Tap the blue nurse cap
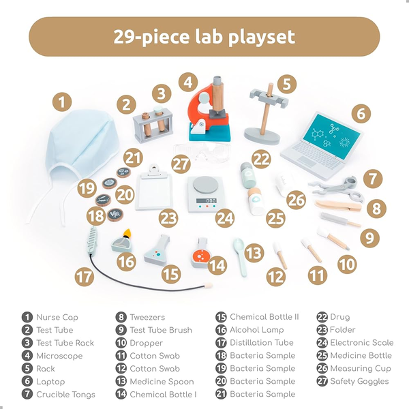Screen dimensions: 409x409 [x=78, y=151]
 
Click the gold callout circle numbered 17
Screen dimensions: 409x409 [x=84, y=277]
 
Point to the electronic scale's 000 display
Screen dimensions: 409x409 [x=207, y=200]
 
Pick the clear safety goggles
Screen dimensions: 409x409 [x=202, y=151]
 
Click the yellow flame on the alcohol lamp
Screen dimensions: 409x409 [x=127, y=232]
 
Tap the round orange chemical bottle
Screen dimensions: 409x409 [x=200, y=254]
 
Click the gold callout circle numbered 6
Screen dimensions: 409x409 [x=361, y=114]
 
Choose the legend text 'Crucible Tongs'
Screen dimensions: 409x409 [x=65, y=395]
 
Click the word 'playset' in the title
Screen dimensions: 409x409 [x=262, y=37]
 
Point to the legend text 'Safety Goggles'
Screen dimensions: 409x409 [x=359, y=381]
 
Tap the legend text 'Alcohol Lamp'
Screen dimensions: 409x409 [x=257, y=330]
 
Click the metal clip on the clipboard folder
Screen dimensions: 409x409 [x=155, y=169]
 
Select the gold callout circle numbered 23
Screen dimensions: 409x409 [x=168, y=218]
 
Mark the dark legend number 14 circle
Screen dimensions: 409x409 [x=121, y=394]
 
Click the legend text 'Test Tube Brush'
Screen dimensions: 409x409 [x=161, y=330]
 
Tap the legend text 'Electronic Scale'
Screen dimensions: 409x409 [x=362, y=343]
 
